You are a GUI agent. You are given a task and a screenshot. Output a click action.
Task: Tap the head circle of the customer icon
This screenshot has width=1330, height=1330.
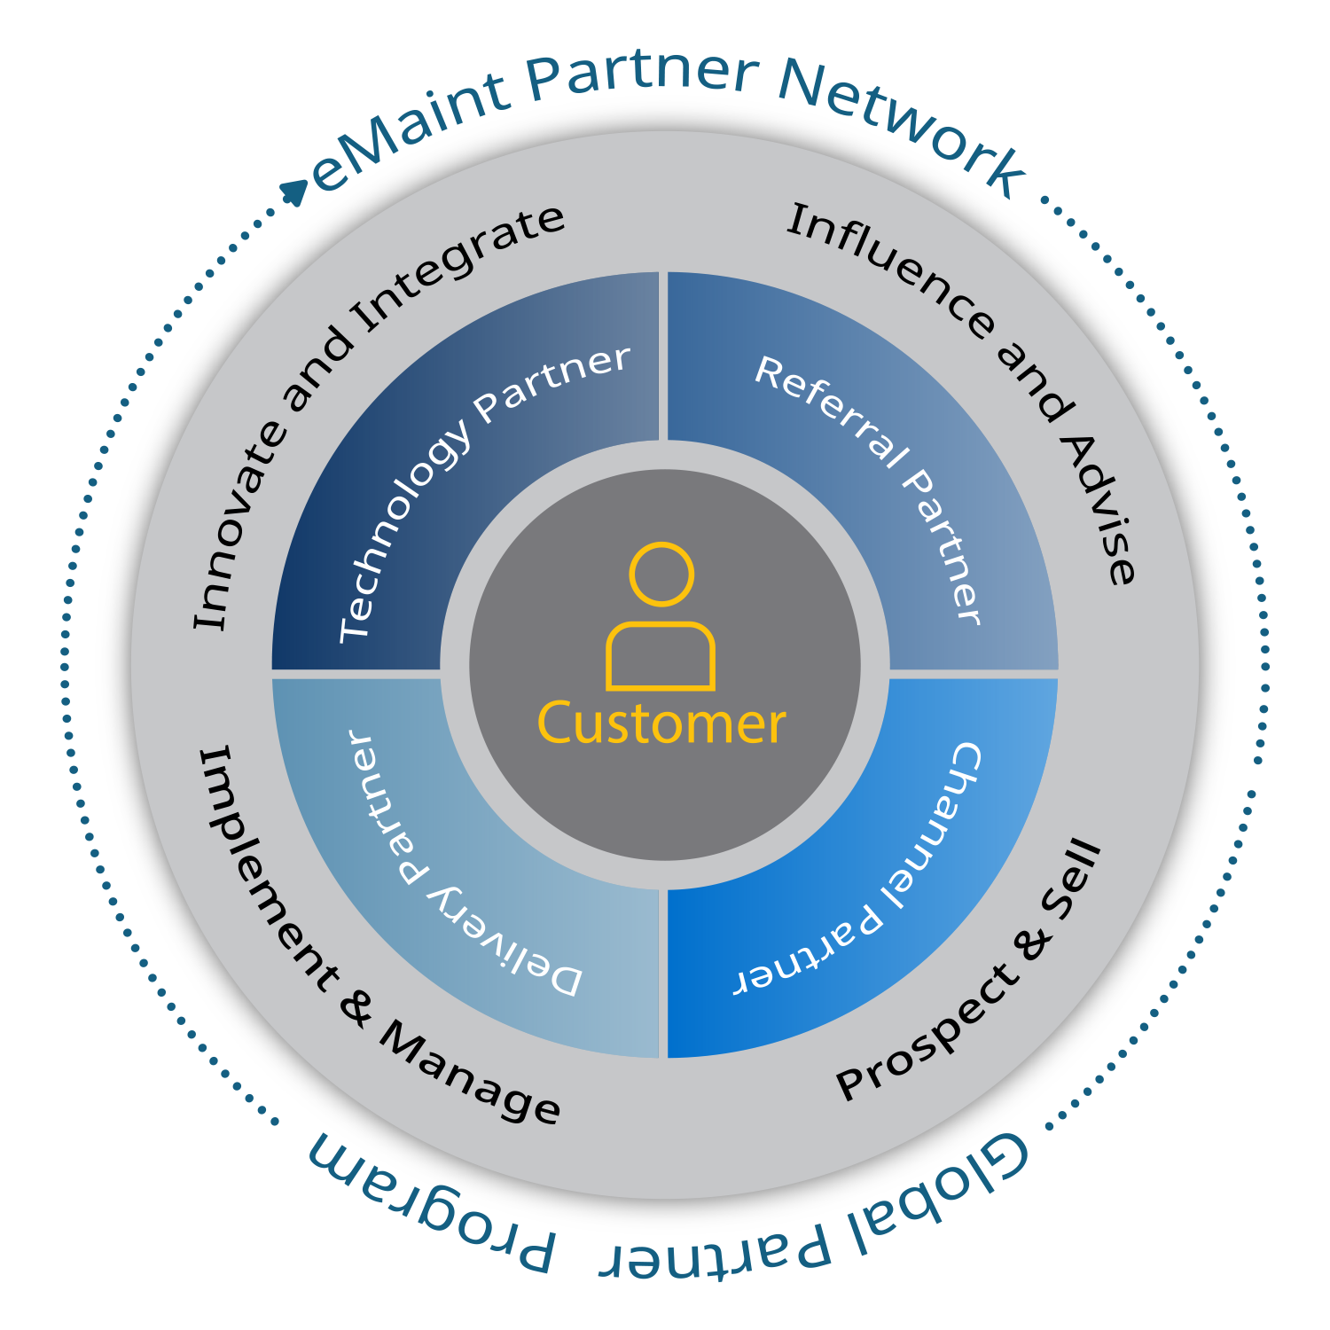click(x=661, y=574)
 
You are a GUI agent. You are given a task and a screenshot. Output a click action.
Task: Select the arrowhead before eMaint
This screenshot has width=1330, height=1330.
click(x=293, y=192)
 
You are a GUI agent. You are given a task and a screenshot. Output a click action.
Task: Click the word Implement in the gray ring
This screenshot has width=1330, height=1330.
click(x=266, y=869)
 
